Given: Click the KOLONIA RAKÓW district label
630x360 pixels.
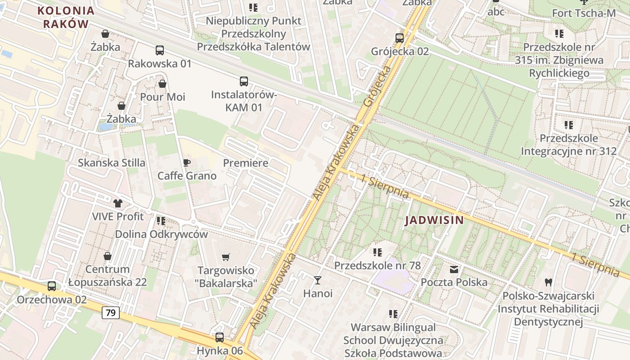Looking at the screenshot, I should (x=66, y=17).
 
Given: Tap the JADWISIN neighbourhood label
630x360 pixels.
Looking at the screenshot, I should (x=434, y=220).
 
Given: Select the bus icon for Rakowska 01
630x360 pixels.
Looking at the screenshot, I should (x=160, y=50).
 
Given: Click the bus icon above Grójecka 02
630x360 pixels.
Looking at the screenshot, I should (x=400, y=38).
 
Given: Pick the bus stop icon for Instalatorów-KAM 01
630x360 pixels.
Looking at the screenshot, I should (x=243, y=81).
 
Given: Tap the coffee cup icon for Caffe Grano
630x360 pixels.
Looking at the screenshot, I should (x=187, y=162).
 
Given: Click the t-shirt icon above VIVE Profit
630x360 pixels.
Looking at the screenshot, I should (x=118, y=203).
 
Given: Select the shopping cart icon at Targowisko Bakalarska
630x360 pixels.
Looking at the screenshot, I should (x=226, y=257).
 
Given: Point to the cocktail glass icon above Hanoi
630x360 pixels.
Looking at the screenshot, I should (x=318, y=280).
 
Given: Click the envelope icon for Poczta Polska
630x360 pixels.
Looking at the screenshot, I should (x=454, y=270).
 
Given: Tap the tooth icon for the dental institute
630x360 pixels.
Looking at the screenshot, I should (x=548, y=283).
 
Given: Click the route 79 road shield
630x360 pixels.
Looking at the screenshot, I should (x=111, y=312).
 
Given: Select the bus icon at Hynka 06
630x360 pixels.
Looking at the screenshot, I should (x=220, y=337).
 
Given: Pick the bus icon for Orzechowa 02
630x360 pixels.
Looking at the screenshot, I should (x=52, y=286).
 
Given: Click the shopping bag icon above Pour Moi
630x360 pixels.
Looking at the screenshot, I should (x=162, y=84).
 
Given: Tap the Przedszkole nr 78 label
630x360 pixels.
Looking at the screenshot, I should (x=377, y=265).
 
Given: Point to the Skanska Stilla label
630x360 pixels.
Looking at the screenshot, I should (x=112, y=162).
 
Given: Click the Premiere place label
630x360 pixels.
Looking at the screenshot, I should (x=246, y=163).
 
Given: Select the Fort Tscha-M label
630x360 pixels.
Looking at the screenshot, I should (x=584, y=13).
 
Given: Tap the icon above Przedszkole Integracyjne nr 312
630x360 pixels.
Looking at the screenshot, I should (x=569, y=125).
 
